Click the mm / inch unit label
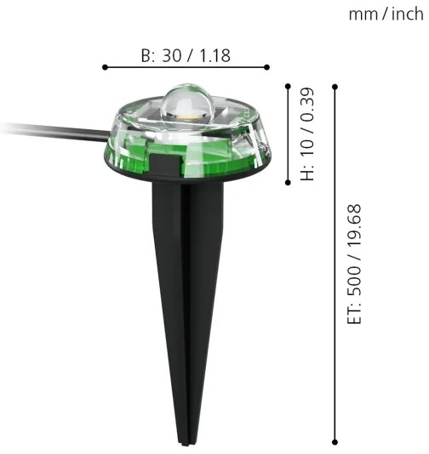pos(386,14)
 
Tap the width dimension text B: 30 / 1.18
pos(185,56)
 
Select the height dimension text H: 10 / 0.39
pos(307,133)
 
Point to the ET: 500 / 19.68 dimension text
pos(355,264)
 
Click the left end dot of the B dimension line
pos(103,66)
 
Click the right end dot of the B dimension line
pos(267,66)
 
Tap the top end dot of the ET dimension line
pos(335,85)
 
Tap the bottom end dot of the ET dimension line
pos(335,441)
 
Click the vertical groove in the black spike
pos(181,298)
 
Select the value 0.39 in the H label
pos(307,105)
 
